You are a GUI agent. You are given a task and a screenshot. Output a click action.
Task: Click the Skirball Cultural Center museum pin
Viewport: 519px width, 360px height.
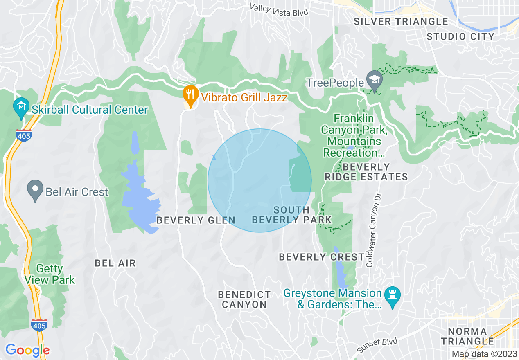pyautogui.click(x=20, y=106)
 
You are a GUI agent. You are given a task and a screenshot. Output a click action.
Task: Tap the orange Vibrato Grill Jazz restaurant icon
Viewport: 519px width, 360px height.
pyautogui.click(x=189, y=94)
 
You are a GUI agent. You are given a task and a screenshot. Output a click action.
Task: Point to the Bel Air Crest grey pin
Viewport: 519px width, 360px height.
pyautogui.click(x=35, y=190)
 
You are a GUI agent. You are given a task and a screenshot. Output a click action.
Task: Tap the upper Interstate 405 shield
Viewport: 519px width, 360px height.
pyautogui.click(x=24, y=135)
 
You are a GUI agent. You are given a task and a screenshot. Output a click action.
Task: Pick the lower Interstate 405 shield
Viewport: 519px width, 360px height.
pyautogui.click(x=38, y=324)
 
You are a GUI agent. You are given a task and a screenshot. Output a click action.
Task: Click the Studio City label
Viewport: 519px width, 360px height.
pyautogui.click(x=461, y=36)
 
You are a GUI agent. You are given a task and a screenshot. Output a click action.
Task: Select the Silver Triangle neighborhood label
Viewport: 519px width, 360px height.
pyautogui.click(x=401, y=21)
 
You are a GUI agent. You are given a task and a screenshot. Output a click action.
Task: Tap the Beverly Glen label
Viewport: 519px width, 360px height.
pyautogui.click(x=196, y=220)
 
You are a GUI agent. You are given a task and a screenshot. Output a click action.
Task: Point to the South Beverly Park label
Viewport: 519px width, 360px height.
pyautogui.click(x=291, y=215)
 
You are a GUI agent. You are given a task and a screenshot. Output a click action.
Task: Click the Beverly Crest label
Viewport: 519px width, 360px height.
pyautogui.click(x=322, y=257)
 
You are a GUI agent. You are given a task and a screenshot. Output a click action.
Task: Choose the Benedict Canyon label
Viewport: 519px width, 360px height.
pyautogui.click(x=244, y=299)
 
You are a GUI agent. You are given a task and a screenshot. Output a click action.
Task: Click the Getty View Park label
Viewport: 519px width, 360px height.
pyautogui.click(x=50, y=274)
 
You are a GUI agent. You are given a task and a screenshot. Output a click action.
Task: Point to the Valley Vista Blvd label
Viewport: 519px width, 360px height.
pyautogui.click(x=279, y=10)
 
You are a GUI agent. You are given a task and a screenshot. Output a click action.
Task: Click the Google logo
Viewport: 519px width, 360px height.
pyautogui.click(x=27, y=350)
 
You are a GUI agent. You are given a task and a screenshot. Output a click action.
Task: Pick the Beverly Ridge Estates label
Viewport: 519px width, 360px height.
pyautogui.click(x=366, y=172)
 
